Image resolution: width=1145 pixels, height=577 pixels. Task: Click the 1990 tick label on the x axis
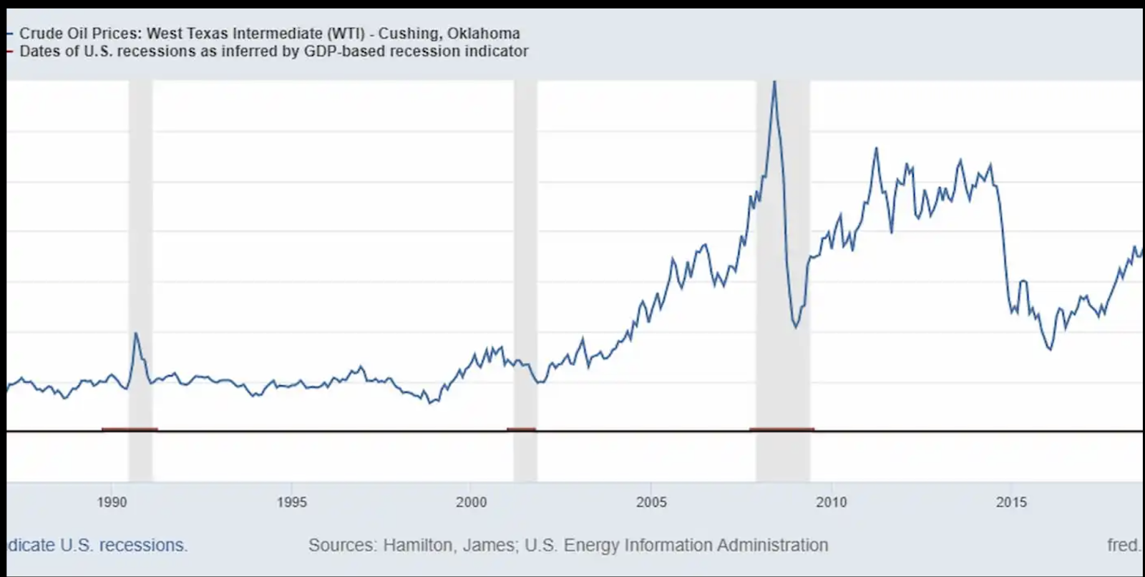point(112,503)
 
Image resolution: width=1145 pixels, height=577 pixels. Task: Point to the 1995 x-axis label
point(292,503)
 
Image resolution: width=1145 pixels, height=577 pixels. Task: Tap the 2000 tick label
point(472,503)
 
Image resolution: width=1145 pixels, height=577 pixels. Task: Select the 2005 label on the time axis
point(651,503)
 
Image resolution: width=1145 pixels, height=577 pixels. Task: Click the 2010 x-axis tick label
point(831,503)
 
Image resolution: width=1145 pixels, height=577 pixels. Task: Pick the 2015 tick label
point(1011,503)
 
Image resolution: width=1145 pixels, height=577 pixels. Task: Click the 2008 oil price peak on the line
point(774,83)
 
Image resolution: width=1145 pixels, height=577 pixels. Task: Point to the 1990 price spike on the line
point(136,333)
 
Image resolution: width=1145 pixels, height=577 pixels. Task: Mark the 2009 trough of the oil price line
point(796,327)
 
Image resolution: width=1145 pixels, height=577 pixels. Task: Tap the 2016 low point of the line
point(1050,349)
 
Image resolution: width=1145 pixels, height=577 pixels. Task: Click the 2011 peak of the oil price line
point(876,149)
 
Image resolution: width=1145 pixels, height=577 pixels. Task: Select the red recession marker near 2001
point(521,429)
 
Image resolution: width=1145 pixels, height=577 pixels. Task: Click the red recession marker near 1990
point(130,429)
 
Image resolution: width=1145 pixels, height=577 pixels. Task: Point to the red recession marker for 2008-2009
point(781,429)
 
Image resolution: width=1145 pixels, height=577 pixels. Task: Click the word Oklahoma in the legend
point(484,33)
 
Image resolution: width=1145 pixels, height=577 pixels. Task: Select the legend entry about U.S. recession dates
point(273,52)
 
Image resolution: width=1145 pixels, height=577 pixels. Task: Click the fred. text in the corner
point(1124,546)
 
